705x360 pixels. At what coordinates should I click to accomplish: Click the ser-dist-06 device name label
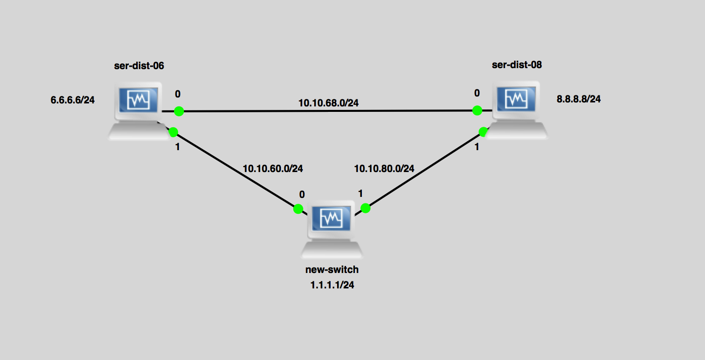(x=139, y=65)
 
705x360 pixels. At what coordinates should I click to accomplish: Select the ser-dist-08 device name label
(x=517, y=65)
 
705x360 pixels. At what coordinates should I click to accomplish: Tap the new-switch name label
(x=332, y=270)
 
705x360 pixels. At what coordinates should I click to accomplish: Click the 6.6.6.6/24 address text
(x=73, y=100)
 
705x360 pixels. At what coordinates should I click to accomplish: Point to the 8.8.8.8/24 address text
(x=579, y=99)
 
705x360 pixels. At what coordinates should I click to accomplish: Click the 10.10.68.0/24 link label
(x=329, y=103)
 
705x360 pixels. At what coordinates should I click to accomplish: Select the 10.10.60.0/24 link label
(x=273, y=169)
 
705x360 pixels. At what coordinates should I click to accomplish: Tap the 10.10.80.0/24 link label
(x=384, y=169)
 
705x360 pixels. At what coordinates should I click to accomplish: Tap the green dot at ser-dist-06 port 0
(x=179, y=111)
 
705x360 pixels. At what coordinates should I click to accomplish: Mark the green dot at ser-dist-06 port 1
(x=173, y=132)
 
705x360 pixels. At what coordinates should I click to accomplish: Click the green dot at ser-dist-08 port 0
(x=477, y=110)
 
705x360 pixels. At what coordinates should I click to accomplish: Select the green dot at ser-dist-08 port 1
(x=483, y=131)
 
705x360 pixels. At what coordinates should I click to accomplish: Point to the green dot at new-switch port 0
(x=298, y=209)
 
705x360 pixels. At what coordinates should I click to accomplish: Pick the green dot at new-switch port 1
(x=365, y=208)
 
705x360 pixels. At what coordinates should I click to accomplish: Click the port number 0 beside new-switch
(x=302, y=194)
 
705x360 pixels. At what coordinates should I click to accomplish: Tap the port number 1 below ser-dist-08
(x=477, y=147)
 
